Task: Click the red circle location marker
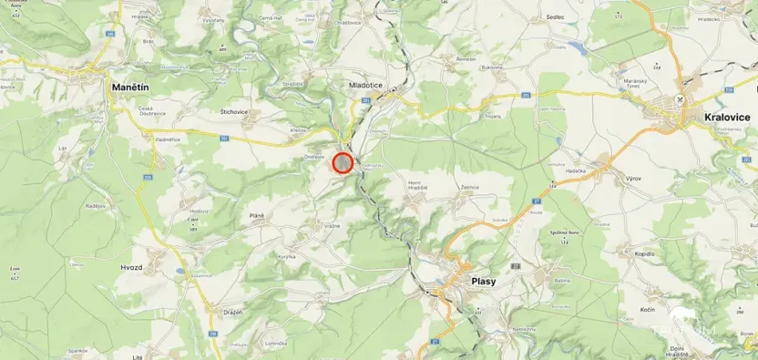[343, 163]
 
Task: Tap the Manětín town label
[129, 86]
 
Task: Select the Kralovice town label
[726, 118]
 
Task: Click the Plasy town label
[484, 282]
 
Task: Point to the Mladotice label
[366, 85]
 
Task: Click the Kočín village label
[648, 311]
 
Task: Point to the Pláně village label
[256, 215]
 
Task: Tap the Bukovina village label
[493, 67]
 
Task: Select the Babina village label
[561, 282]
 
